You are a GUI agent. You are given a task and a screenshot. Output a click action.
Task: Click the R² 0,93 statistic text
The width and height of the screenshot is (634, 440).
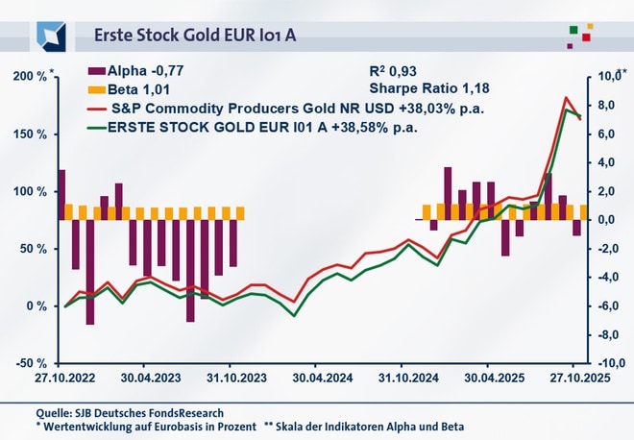coord(393,72)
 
